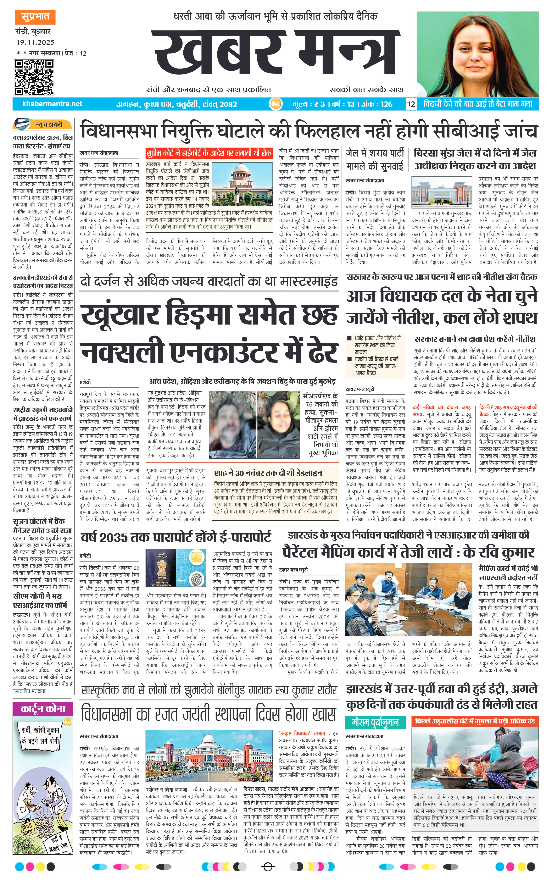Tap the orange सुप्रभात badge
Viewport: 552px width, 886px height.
35,17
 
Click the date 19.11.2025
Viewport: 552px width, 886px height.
35,42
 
